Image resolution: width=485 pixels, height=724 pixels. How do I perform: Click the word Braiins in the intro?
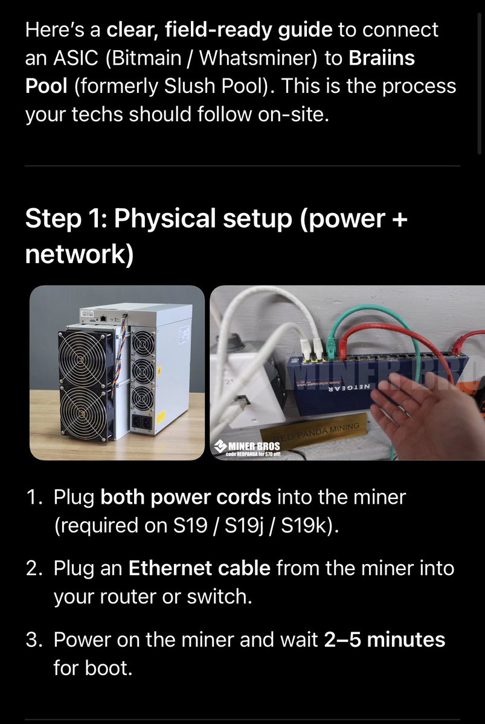tap(382, 58)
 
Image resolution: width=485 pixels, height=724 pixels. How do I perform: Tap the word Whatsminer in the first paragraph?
tap(257, 58)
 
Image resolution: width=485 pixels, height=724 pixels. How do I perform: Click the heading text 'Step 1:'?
tap(66, 218)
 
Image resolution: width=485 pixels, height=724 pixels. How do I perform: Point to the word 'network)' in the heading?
tap(79, 254)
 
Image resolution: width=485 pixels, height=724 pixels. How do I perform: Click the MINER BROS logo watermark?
tap(247, 448)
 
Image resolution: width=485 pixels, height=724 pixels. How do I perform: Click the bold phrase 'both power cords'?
tap(185, 497)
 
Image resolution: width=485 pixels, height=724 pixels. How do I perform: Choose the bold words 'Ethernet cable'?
tap(199, 568)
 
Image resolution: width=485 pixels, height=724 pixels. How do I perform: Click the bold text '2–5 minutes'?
tap(384, 640)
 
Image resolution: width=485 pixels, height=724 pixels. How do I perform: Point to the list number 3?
tap(33, 640)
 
